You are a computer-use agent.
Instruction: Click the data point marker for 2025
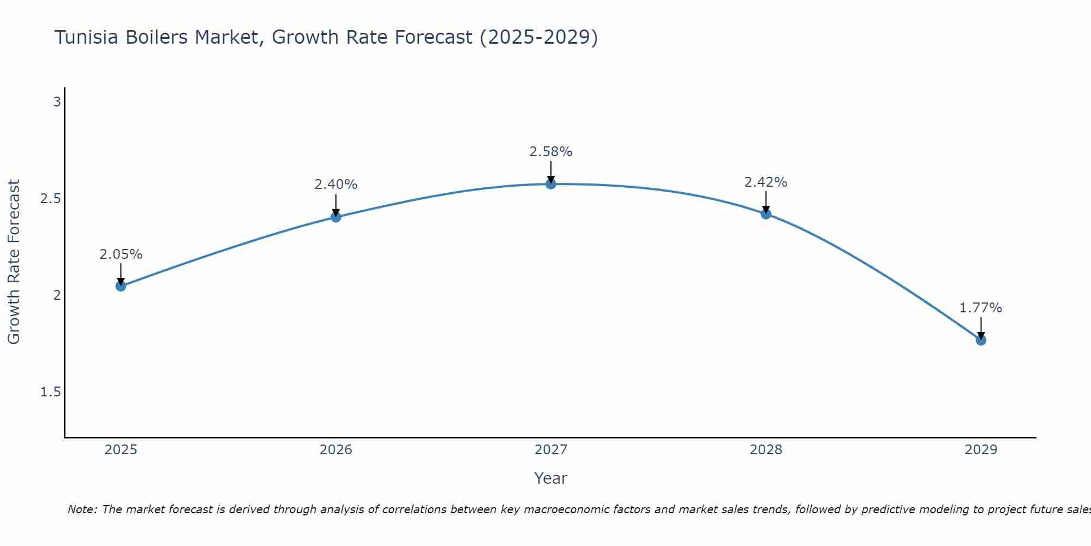(121, 286)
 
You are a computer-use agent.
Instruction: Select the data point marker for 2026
(336, 217)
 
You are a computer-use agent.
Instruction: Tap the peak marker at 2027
(551, 184)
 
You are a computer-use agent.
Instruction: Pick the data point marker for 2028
(766, 214)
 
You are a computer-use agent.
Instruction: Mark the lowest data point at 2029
(981, 340)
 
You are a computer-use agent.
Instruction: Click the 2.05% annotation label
(121, 254)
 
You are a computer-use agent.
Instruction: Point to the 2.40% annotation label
(336, 185)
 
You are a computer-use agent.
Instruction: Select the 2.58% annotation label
(551, 152)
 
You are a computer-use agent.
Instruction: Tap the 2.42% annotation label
(766, 182)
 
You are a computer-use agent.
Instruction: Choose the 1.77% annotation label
(981, 308)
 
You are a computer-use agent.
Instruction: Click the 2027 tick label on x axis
(551, 450)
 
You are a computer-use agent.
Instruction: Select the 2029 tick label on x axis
(981, 450)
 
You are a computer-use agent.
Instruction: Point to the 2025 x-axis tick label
(121, 450)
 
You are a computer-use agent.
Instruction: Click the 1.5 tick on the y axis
(51, 392)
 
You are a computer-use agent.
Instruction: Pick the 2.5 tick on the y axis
(51, 199)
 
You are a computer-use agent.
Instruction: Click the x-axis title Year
(551, 478)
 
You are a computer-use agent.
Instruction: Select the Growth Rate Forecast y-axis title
(14, 262)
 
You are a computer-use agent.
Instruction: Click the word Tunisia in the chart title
(87, 38)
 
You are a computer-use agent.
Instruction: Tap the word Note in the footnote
(82, 509)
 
